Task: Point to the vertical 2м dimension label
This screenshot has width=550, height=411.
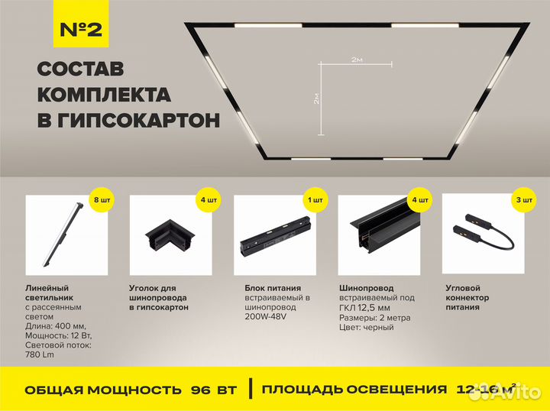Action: click(315, 98)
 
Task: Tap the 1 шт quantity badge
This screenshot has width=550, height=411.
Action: click(313, 199)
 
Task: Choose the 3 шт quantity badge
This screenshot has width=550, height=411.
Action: click(522, 199)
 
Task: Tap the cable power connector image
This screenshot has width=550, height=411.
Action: click(481, 233)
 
